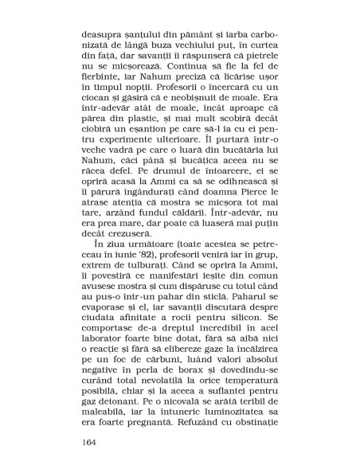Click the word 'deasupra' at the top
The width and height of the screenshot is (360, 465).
click(x=107, y=35)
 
